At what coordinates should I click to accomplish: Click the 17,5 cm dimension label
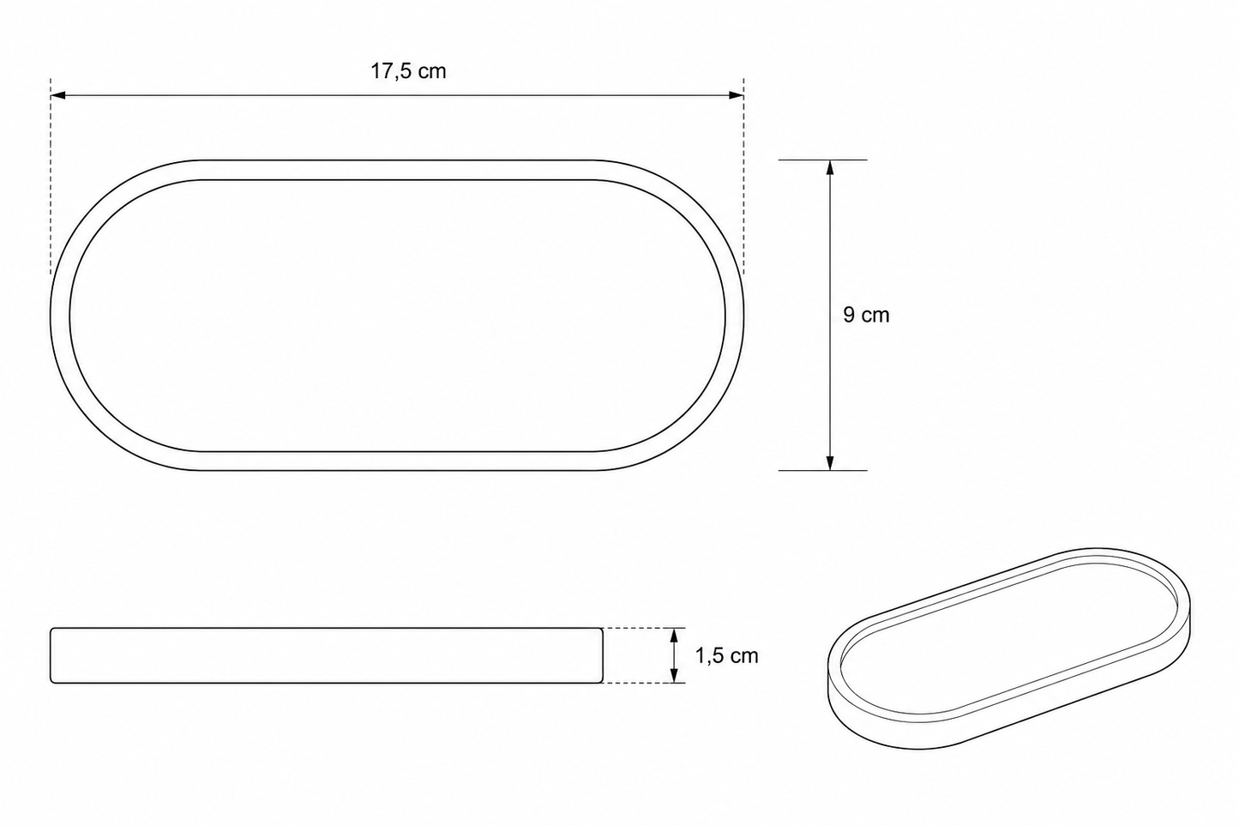(x=408, y=72)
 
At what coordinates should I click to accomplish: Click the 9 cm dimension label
(x=866, y=316)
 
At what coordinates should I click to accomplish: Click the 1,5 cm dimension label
(x=727, y=656)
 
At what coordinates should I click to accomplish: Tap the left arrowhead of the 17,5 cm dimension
(x=58, y=95)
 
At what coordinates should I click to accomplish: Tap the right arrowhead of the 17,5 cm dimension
(x=737, y=95)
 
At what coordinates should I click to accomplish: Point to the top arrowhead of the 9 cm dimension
(x=830, y=167)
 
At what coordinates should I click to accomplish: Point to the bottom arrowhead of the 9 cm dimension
(x=830, y=462)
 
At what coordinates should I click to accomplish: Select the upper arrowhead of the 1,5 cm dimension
(x=674, y=635)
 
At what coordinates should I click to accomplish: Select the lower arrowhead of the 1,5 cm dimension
(x=674, y=676)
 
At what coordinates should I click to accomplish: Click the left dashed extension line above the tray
(x=51, y=176)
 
